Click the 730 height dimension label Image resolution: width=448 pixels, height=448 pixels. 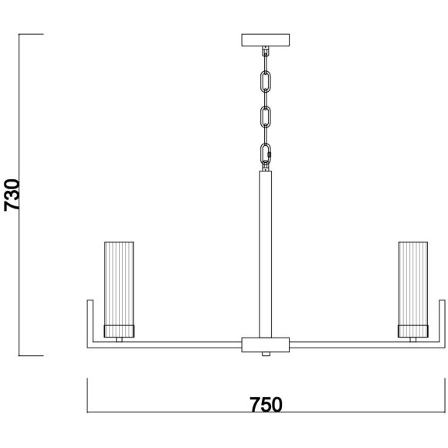[x=12, y=195]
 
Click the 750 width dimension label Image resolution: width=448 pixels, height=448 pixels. [x=266, y=405]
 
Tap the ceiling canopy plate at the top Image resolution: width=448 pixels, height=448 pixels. [x=266, y=40]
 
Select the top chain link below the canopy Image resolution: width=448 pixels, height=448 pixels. [x=266, y=82]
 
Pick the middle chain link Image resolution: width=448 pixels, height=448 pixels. [x=266, y=117]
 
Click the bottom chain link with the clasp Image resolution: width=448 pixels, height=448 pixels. [x=266, y=154]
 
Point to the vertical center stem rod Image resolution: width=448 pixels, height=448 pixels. [x=266, y=254]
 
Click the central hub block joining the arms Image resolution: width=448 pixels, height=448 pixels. [x=266, y=344]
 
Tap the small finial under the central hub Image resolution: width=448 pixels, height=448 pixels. [x=266, y=354]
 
